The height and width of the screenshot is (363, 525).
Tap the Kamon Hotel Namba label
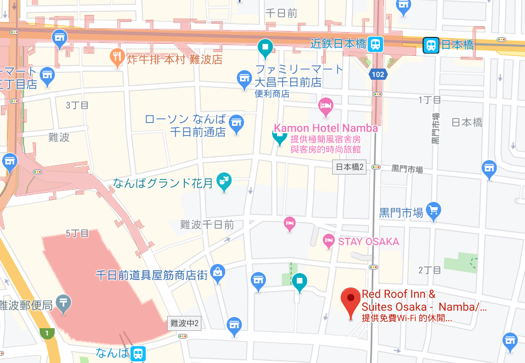click(x=326, y=128)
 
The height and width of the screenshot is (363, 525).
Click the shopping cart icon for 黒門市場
click(x=433, y=211)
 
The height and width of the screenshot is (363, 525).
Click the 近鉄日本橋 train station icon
click(x=376, y=44)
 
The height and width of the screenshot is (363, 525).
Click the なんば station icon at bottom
click(x=138, y=353)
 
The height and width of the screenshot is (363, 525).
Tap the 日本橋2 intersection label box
click(x=350, y=167)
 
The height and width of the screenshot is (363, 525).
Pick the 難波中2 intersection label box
click(x=184, y=323)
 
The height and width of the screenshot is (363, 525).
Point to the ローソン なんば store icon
click(x=236, y=124)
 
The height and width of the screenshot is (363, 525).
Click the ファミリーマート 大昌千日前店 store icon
click(x=244, y=79)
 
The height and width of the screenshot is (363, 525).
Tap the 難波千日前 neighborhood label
click(x=207, y=225)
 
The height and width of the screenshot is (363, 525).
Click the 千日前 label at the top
click(x=281, y=13)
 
